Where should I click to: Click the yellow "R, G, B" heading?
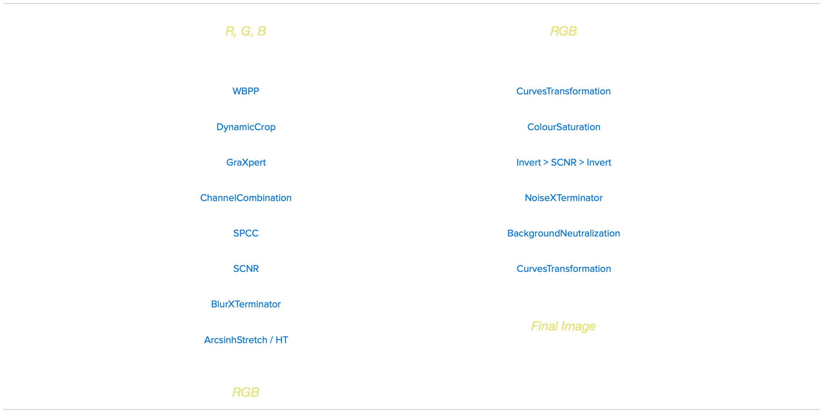point(245,31)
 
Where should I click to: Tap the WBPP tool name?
point(246,91)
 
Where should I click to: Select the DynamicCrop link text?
point(246,127)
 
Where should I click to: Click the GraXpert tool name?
point(246,162)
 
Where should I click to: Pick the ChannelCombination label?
point(246,198)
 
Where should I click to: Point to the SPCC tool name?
point(246,233)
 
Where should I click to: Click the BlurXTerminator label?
point(246,304)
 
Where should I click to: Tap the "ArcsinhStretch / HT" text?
point(246,340)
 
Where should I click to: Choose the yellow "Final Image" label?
point(563,326)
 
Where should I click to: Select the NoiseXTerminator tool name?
point(563,198)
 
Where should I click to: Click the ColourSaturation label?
point(563,127)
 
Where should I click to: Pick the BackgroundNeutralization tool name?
point(563,233)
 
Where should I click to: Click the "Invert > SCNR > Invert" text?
point(563,162)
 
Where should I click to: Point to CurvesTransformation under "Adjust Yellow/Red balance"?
point(563,269)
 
